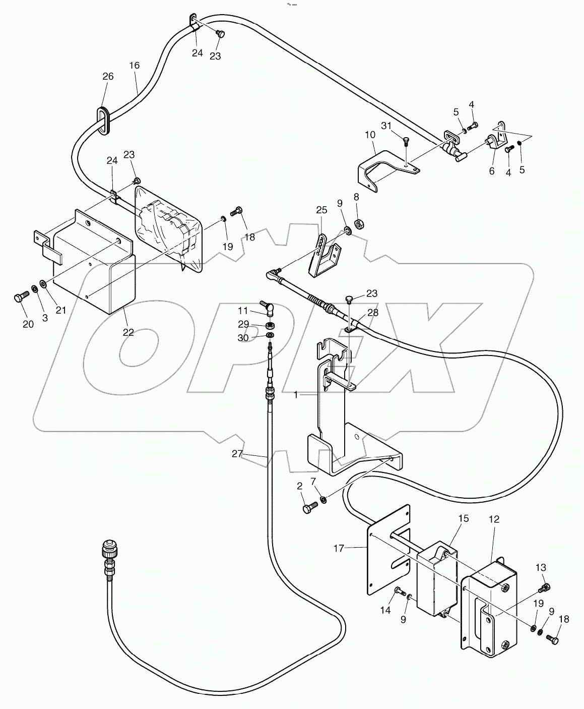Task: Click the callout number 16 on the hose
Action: [134, 66]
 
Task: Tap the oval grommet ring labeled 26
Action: [103, 121]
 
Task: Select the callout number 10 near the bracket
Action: [370, 135]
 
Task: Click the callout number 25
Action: [322, 209]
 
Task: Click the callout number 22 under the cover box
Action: [128, 332]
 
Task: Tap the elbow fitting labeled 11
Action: [268, 307]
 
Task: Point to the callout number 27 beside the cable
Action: [237, 453]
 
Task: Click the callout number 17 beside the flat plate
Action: [339, 548]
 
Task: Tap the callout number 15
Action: [463, 518]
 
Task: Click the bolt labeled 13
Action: [544, 587]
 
